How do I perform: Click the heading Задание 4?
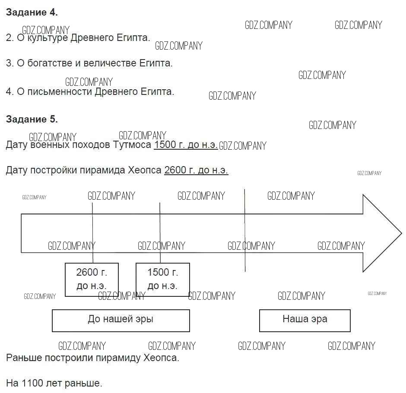tap(32, 13)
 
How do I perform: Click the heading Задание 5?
tap(32, 119)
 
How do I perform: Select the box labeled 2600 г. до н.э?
tap(92, 279)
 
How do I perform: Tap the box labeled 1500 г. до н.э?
tap(162, 279)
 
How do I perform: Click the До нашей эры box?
tap(121, 320)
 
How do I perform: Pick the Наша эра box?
tap(304, 320)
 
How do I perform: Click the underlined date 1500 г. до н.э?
tap(186, 145)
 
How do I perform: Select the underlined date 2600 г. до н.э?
tap(196, 170)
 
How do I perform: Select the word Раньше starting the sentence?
tap(22, 358)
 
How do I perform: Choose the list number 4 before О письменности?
tap(9, 92)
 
